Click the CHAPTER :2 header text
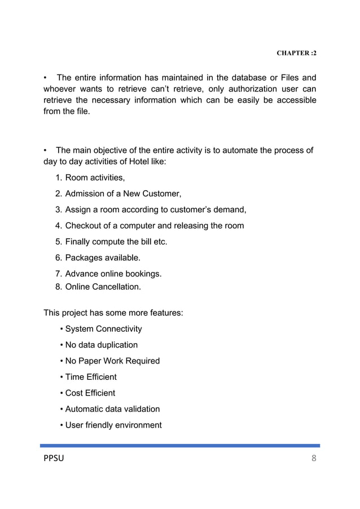click(296, 53)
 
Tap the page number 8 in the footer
click(314, 458)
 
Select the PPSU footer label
click(54, 458)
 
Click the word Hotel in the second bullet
click(131, 162)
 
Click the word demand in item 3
click(229, 210)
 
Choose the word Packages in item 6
click(85, 258)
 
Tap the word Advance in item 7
click(82, 274)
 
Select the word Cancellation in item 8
click(116, 287)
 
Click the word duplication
click(116, 345)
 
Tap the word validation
click(138, 409)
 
